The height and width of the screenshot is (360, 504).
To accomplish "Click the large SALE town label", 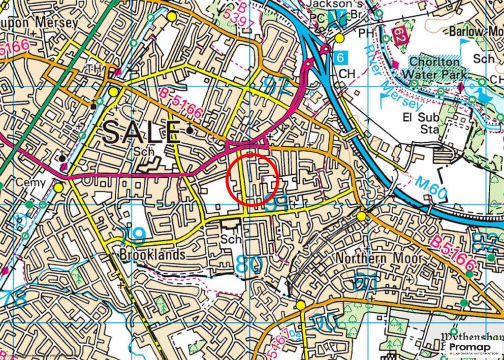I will (x=142, y=132).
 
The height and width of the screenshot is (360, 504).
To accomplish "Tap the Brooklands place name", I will (x=153, y=255).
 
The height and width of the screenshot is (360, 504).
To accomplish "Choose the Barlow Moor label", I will (x=475, y=32).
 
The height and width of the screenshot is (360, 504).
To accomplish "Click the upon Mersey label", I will (x=39, y=23).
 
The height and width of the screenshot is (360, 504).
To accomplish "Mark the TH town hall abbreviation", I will (x=94, y=67).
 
